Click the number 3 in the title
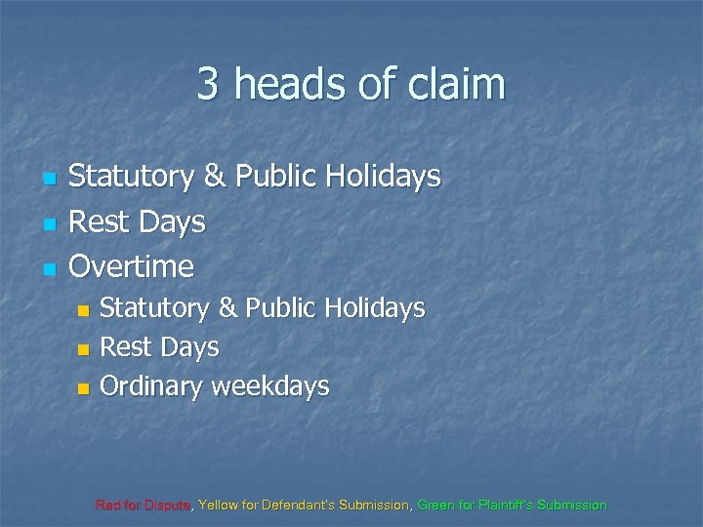[x=208, y=84]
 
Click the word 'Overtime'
[x=132, y=265]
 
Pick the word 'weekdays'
[x=271, y=387]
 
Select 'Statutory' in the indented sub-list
[x=155, y=308]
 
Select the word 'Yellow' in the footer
[x=218, y=506]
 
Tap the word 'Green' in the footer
[x=434, y=506]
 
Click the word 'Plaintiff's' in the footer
[x=512, y=506]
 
